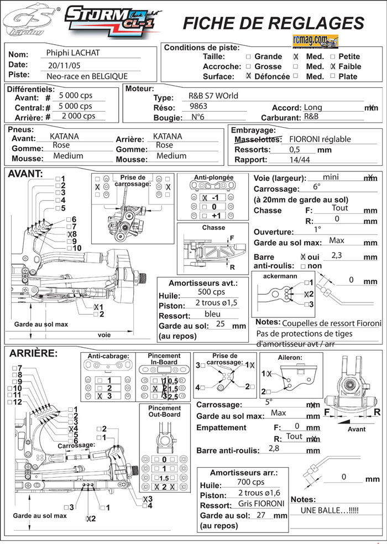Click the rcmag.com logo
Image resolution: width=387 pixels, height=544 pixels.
(x=313, y=40)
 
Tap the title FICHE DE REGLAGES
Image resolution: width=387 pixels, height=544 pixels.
(x=273, y=23)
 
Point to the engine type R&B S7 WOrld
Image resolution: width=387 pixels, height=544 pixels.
(x=213, y=96)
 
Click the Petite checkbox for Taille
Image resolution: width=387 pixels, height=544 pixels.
(x=332, y=56)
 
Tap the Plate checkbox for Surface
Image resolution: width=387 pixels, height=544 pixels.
(x=332, y=76)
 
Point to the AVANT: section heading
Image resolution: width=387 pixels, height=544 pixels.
(x=25, y=174)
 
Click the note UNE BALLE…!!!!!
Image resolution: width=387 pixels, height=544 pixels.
(x=333, y=511)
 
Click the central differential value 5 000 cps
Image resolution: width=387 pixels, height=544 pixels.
(x=75, y=106)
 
